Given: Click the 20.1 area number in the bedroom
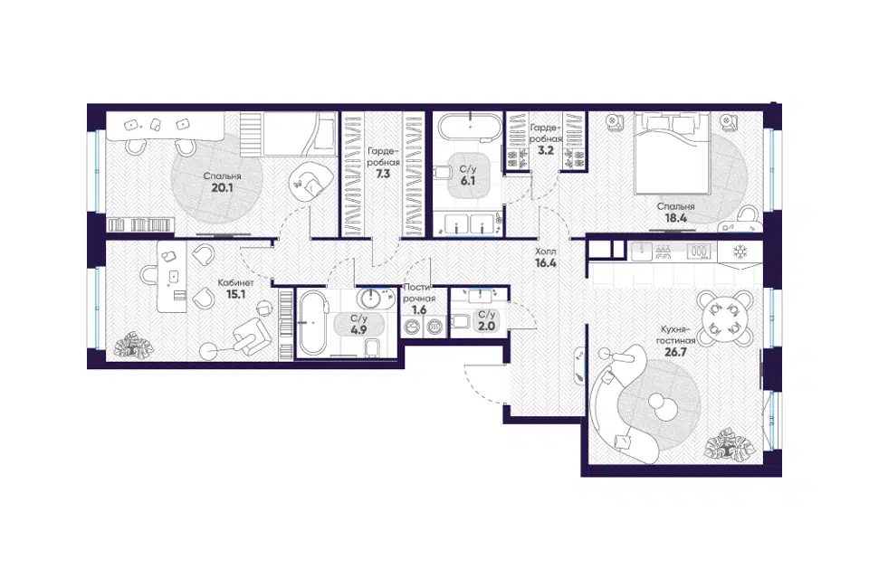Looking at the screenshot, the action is click(222, 188).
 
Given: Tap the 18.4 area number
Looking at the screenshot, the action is click(675, 218).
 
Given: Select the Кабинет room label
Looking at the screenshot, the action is click(235, 282).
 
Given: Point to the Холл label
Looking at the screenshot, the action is click(545, 252).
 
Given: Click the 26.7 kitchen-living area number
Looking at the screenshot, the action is click(675, 351).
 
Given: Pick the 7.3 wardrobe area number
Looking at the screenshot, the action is click(383, 174).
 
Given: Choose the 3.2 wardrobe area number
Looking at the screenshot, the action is click(546, 150).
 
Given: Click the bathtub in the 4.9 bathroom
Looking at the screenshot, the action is click(314, 322).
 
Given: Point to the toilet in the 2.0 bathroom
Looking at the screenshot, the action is click(460, 321).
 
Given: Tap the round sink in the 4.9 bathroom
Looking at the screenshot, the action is click(370, 299).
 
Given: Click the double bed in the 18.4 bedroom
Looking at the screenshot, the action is click(673, 154).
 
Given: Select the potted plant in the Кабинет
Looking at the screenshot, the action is click(132, 344).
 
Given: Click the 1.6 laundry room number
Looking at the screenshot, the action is click(419, 310).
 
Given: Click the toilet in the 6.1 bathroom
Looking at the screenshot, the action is click(444, 172).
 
